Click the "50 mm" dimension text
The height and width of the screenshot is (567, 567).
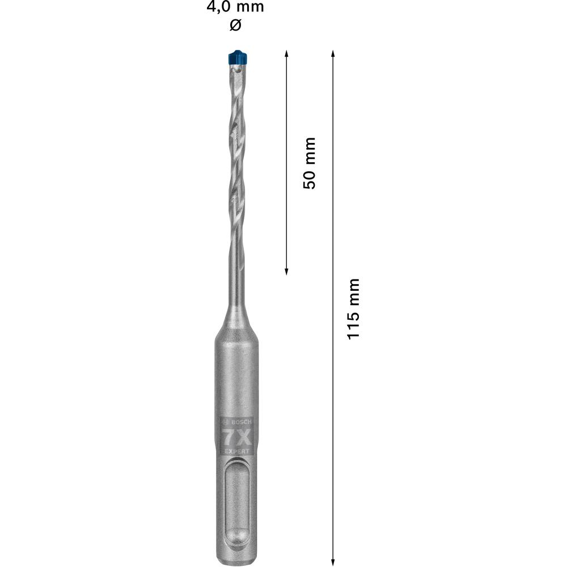[309, 163]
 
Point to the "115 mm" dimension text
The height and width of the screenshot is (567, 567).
[354, 308]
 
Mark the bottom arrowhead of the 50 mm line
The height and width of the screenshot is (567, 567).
[286, 272]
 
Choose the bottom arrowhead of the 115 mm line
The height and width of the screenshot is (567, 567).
[333, 557]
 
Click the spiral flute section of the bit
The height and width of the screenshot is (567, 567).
[238, 153]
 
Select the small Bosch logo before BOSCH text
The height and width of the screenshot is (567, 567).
[225, 422]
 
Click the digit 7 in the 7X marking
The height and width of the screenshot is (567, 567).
[229, 438]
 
